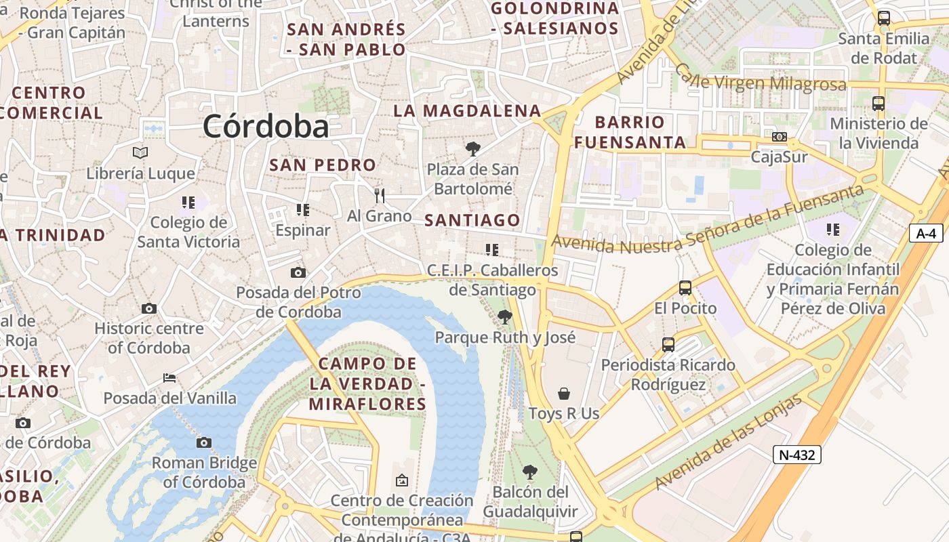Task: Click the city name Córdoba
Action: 266,126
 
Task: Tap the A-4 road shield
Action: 926,234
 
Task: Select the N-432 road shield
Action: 797,455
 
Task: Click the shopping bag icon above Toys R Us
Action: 563,393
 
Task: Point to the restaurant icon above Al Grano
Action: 380,196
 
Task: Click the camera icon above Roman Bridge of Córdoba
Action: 203,442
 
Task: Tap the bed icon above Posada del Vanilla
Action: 169,377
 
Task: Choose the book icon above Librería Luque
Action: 140,152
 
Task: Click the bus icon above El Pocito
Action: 685,288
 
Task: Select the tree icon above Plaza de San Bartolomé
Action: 473,149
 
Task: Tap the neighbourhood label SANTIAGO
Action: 472,220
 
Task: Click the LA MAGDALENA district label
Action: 467,110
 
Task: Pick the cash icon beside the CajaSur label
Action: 780,137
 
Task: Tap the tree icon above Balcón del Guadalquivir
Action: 530,472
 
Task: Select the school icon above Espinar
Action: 302,210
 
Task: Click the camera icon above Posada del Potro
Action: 298,272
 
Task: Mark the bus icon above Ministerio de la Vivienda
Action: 879,104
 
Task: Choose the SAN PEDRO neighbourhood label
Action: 322,165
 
